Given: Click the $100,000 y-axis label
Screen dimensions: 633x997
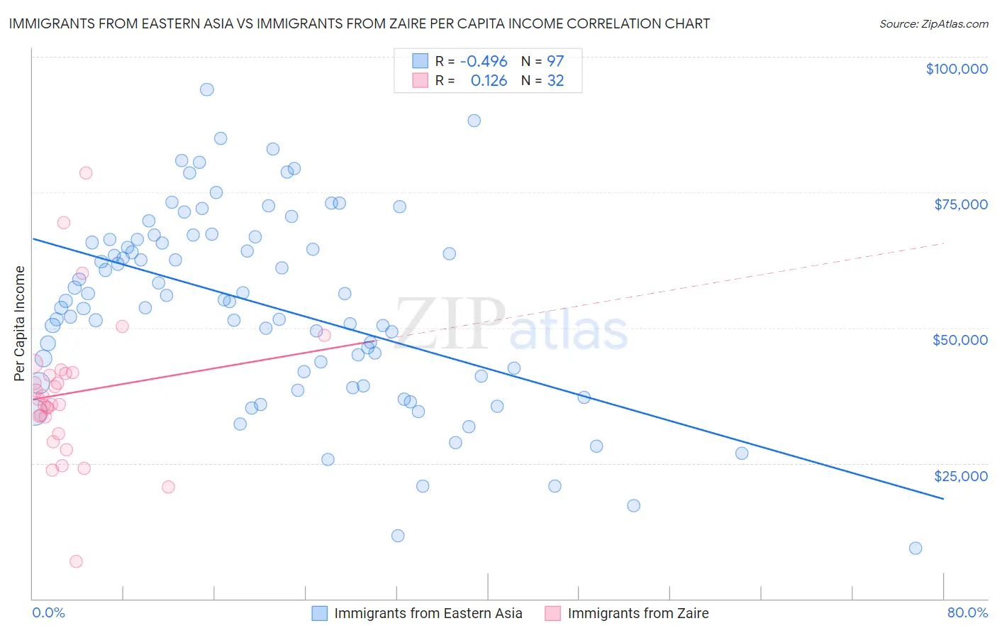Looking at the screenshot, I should [956, 69].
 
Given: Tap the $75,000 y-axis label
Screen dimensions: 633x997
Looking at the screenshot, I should [960, 204].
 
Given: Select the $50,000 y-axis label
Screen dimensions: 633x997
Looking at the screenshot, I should [959, 340].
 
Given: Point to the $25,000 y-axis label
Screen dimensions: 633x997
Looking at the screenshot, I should [960, 476].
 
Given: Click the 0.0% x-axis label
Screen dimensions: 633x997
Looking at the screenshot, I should [48, 612].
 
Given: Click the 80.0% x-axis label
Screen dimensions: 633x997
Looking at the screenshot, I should [967, 612].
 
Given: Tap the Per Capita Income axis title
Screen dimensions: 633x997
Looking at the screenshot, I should [20, 323].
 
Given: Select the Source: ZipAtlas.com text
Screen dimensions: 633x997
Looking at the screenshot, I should [933, 23].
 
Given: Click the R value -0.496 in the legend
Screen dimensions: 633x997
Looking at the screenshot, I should [484, 61].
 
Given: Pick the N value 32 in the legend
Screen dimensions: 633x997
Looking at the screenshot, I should [555, 81].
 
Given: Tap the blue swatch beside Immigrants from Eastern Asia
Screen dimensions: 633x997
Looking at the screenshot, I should [320, 613].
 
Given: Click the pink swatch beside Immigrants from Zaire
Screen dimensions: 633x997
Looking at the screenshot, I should [553, 613].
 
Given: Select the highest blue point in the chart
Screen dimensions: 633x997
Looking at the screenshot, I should [207, 89].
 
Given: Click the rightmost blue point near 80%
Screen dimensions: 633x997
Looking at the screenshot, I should [915, 548].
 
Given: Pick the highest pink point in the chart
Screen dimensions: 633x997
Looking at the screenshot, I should [86, 173].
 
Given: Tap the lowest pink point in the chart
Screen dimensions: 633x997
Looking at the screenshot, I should [76, 561].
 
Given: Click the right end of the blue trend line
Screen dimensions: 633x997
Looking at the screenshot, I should [943, 499].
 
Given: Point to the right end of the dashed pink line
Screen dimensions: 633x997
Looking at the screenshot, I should [943, 243].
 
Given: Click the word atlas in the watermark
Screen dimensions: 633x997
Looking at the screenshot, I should [569, 331].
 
